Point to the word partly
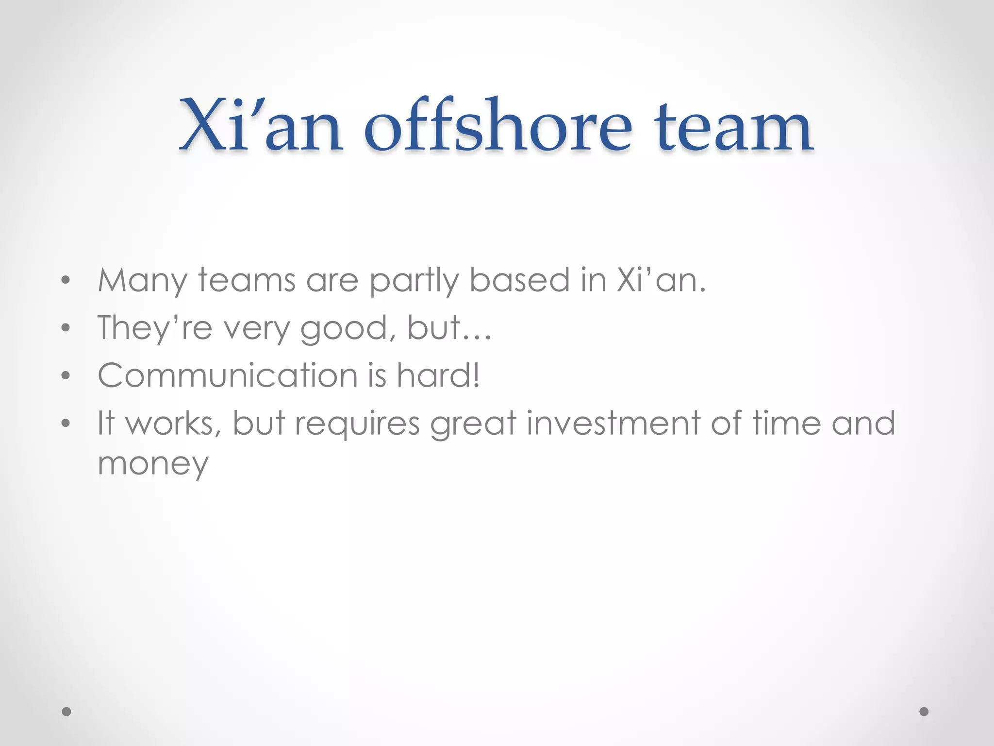414,282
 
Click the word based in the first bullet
519,281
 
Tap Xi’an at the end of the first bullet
660,281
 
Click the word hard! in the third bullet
438,375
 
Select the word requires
357,424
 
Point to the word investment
613,423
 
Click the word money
153,464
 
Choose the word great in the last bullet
473,424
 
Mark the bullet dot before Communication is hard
66,376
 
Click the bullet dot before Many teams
66,281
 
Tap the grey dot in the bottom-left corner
66,712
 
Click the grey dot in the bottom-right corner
924,712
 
